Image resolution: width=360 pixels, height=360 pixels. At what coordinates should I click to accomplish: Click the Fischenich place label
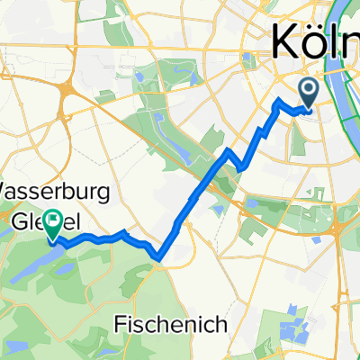pos(170,321)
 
